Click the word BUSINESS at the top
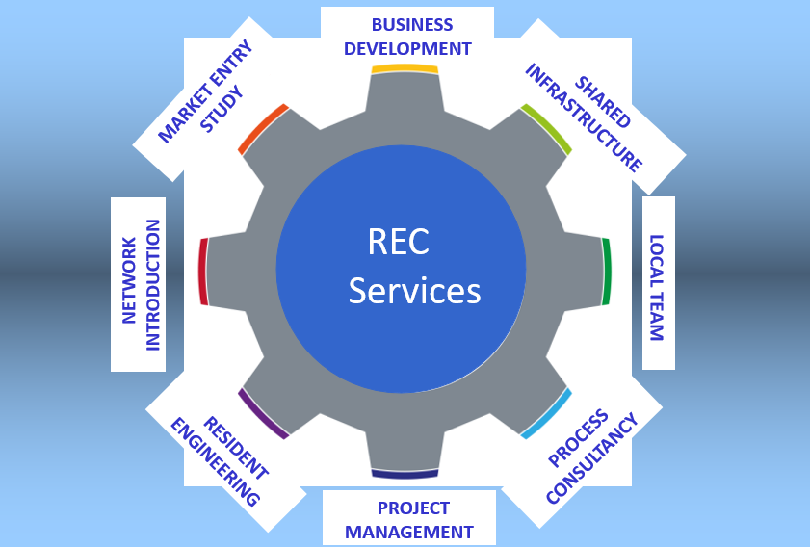(411, 24)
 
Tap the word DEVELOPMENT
(407, 48)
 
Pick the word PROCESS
(578, 437)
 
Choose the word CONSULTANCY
(592, 459)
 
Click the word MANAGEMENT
(409, 532)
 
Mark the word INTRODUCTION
(151, 284)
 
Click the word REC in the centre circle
(398, 243)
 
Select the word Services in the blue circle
(414, 291)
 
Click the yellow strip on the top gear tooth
(405, 68)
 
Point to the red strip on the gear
(203, 271)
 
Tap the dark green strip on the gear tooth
(606, 271)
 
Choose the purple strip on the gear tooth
(262, 415)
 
